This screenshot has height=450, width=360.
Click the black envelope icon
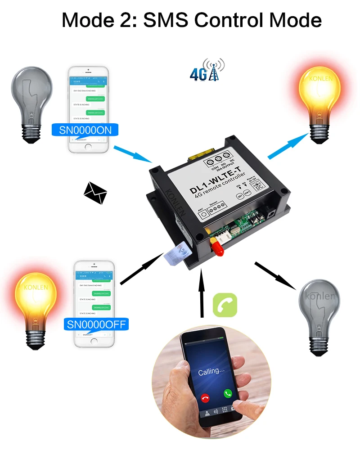[x=95, y=193]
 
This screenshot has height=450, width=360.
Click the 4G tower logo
[x=207, y=70]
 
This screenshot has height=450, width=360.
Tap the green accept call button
[x=228, y=393]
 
